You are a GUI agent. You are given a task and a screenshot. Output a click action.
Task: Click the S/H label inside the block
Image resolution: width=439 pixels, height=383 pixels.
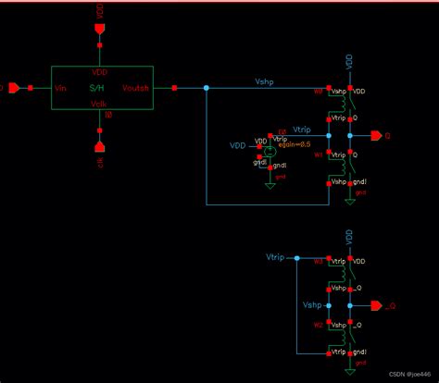coord(96,88)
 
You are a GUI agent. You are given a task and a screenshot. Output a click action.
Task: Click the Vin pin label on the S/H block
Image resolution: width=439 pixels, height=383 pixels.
coord(61,88)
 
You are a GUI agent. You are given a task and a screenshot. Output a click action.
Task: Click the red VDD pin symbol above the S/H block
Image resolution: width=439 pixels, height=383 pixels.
coord(99,30)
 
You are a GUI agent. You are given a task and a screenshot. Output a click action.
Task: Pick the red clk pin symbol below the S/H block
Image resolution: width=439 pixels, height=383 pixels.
coord(99,146)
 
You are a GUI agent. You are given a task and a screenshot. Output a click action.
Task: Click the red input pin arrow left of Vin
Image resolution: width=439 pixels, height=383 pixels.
coord(13,88)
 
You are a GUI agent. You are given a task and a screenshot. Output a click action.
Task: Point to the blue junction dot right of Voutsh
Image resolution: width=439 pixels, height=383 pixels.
coord(206,88)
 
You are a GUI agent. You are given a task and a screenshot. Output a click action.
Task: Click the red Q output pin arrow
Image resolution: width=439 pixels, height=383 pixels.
coord(374,135)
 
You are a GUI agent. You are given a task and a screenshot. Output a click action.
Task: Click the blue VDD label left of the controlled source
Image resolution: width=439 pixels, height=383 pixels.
coord(238,145)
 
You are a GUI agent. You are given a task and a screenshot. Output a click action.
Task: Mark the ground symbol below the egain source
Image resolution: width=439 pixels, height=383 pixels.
coord(270,183)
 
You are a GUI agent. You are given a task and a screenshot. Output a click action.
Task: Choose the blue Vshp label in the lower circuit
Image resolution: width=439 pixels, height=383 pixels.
coord(312,303)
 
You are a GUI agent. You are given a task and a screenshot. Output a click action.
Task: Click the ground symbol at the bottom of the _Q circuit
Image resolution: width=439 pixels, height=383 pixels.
coord(349,367)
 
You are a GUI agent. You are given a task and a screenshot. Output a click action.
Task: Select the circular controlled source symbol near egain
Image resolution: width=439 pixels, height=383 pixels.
coord(270,148)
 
